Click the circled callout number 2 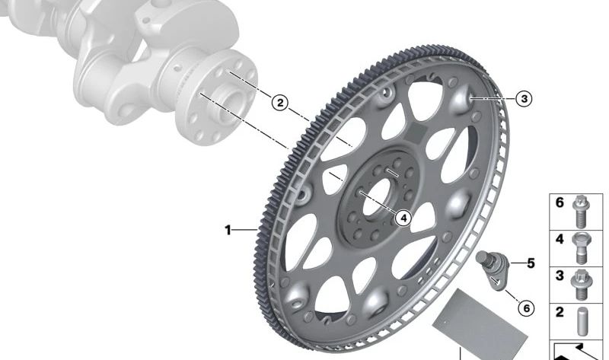pos(280,104)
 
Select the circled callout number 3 pos(524,99)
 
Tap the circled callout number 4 pos(403,218)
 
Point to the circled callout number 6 pos(526,308)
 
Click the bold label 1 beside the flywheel pos(228,230)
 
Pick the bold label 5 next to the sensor pos(531,263)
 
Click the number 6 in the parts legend pos(560,202)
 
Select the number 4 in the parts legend pos(560,239)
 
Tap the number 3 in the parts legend pos(560,276)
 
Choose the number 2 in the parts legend pos(560,312)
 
